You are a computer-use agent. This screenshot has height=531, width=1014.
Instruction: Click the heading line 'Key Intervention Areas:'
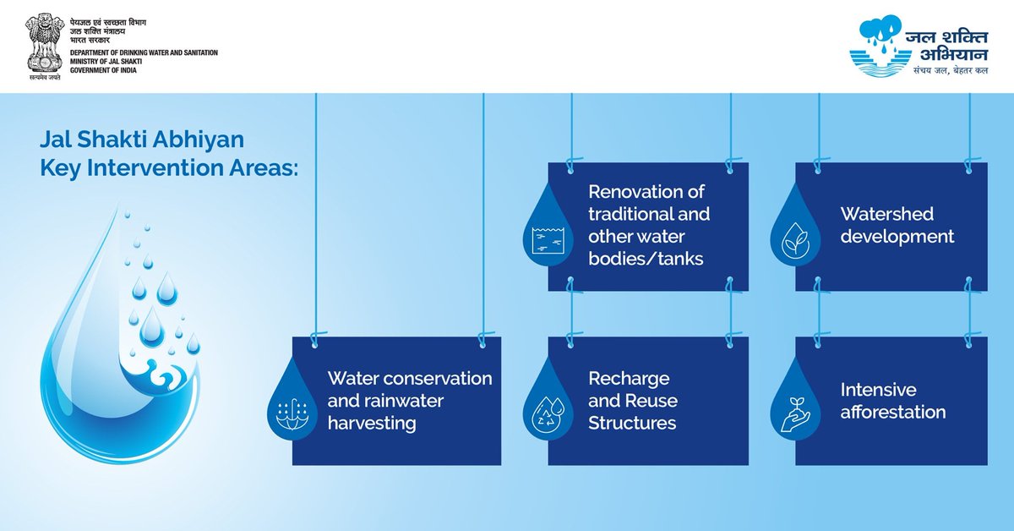(x=169, y=167)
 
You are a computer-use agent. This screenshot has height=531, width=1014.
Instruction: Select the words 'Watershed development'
(x=897, y=225)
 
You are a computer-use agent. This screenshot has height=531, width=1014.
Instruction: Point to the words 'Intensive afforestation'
(x=892, y=401)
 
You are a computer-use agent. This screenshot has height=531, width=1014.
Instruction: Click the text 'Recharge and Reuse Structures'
(x=632, y=400)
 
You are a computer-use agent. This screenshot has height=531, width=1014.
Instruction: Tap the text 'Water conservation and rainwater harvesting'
(x=409, y=400)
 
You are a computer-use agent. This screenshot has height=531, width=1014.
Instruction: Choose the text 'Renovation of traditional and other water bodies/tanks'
(x=649, y=225)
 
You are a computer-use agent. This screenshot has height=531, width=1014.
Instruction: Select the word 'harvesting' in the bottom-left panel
(x=372, y=423)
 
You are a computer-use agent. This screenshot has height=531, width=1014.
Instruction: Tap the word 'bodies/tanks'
(x=646, y=259)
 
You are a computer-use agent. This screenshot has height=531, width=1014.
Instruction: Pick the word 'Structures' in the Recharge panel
(x=632, y=423)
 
